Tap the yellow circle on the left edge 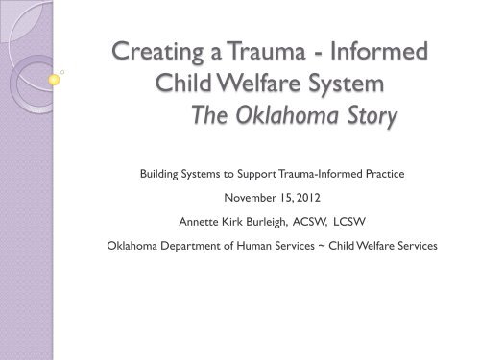pos(54,81)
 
